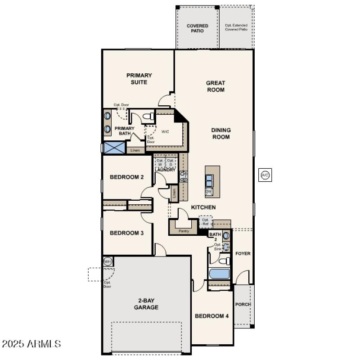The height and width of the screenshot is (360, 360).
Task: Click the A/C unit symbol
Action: tap(265, 175)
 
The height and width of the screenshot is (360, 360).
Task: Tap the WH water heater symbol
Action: tap(108, 261)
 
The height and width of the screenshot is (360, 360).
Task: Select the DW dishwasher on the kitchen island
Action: tap(209, 192)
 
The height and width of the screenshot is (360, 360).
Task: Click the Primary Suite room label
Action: tap(139, 79)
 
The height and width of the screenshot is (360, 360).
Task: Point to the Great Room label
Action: tap(215, 86)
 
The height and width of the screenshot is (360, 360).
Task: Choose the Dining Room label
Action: tap(220, 133)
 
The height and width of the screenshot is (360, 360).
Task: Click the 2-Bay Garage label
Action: tap(146, 304)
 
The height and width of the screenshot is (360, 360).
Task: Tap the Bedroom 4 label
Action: tap(211, 316)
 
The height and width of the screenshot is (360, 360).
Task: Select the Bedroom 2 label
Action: tap(127, 177)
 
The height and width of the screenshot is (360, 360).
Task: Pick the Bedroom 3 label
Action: tap(127, 233)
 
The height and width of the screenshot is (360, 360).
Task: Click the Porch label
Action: tap(243, 304)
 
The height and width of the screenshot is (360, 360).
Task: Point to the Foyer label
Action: tap(243, 253)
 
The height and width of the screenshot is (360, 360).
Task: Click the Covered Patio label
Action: tap(198, 28)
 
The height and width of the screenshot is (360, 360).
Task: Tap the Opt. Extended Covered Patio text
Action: tap(236, 27)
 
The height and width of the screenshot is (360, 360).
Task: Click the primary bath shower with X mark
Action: tap(114, 148)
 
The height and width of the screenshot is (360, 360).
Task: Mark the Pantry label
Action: tap(184, 231)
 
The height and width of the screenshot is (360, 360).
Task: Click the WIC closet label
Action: tap(165, 132)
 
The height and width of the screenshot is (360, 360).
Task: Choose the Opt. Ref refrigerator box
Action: tap(206, 222)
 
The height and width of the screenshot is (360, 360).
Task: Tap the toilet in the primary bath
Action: tap(147, 117)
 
